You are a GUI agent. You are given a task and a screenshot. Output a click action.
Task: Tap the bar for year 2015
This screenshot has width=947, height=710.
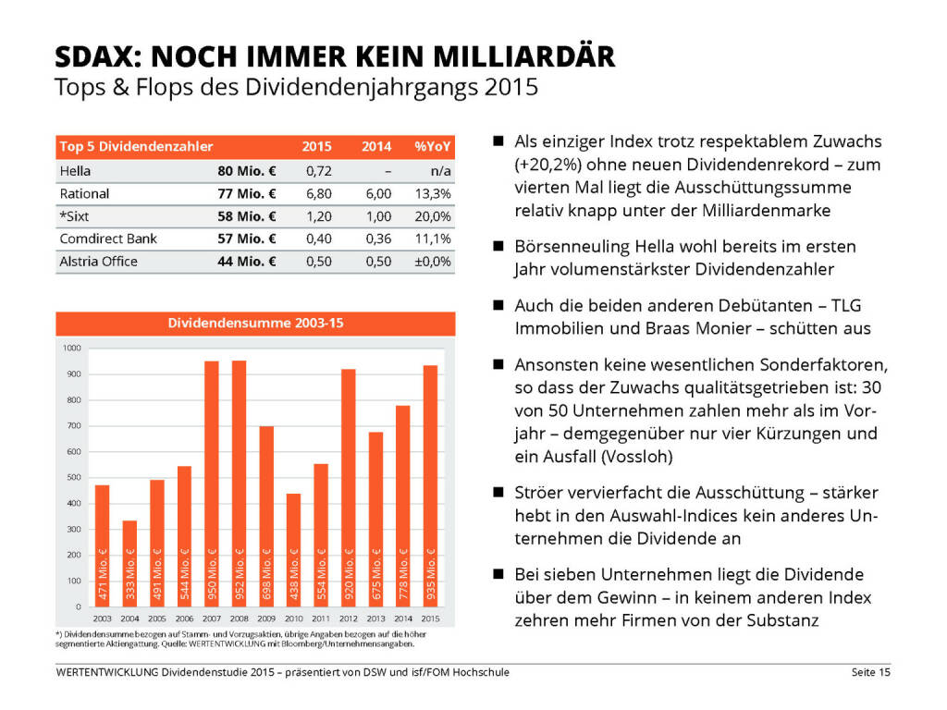tap(430, 485)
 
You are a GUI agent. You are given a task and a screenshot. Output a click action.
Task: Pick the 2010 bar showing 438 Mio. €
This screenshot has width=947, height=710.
tap(293, 549)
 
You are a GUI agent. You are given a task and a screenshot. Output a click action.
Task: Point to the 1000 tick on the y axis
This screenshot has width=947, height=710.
tap(73, 348)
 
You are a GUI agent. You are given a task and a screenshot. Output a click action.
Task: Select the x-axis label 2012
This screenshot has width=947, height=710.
tap(348, 617)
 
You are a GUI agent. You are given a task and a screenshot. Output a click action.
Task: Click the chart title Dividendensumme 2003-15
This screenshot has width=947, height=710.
tap(255, 324)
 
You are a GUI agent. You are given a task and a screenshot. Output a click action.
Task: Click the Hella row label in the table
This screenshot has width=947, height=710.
tap(75, 171)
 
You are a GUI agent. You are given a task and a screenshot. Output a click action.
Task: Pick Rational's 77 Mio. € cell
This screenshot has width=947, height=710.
tap(247, 194)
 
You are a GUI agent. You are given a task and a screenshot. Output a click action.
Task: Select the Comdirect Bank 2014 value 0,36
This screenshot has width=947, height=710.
tap(377, 239)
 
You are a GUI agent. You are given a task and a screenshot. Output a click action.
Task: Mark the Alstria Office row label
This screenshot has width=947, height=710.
tap(98, 262)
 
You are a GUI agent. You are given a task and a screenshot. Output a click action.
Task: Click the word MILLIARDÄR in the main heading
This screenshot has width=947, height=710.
tap(523, 57)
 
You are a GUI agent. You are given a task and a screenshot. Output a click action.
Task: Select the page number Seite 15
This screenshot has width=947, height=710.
tap(871, 672)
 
